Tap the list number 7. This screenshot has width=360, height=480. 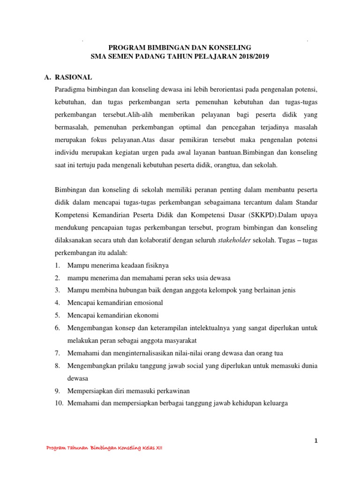56,352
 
